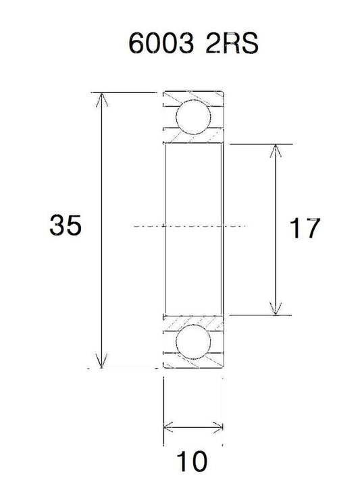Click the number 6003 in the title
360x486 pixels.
pyautogui.click(x=161, y=43)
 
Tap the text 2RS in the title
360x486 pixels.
pyautogui.click(x=232, y=43)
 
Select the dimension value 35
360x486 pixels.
pyautogui.click(x=66, y=225)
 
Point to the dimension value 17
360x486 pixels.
pyautogui.click(x=305, y=228)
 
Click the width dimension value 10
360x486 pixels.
pyautogui.click(x=192, y=461)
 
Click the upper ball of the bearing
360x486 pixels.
pyautogui.click(x=193, y=117)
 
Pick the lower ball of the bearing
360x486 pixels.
pyautogui.click(x=193, y=342)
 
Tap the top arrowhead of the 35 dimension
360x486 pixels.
pyautogui.click(x=102, y=99)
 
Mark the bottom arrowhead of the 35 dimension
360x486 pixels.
pyautogui.click(x=102, y=361)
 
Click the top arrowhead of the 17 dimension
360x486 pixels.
pyautogui.click(x=276, y=151)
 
